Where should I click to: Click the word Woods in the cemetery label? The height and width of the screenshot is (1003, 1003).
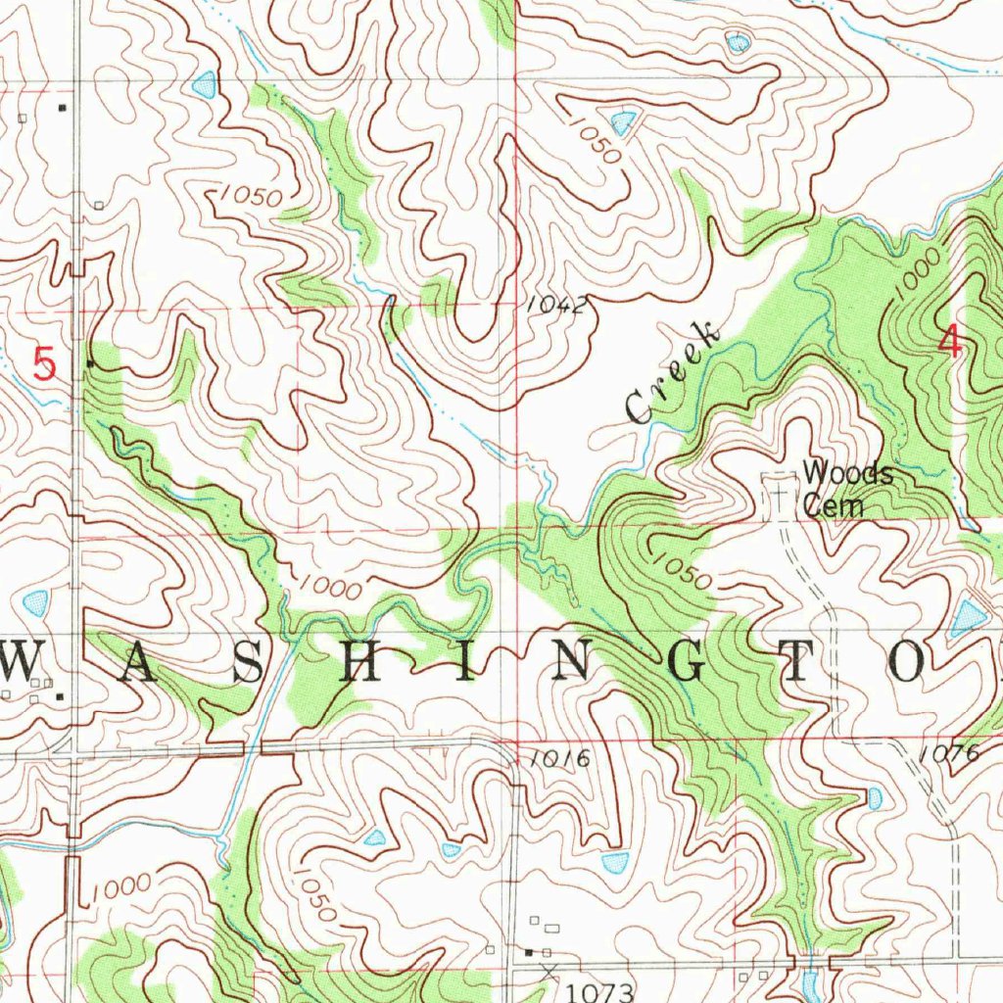click(x=848, y=474)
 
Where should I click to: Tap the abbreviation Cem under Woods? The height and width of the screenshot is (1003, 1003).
click(x=834, y=505)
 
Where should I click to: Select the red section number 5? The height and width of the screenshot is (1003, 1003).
click(x=44, y=365)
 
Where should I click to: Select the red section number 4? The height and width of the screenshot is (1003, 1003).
click(x=948, y=341)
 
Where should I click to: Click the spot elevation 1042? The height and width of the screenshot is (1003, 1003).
click(x=555, y=306)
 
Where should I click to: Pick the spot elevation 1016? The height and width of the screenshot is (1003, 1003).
click(x=560, y=758)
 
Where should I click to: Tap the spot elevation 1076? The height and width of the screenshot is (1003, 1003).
click(x=950, y=753)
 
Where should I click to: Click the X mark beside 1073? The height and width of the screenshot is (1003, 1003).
click(x=547, y=971)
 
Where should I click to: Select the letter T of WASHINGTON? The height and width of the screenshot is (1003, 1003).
click(x=795, y=666)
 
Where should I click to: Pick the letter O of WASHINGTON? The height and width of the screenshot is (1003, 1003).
click(x=906, y=666)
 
